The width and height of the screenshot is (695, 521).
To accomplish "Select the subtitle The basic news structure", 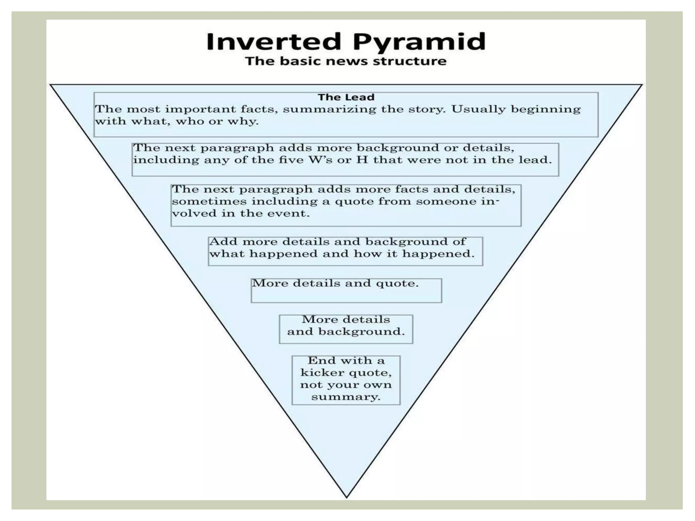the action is [x=346, y=61].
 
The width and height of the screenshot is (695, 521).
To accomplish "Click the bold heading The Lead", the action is [x=346, y=97].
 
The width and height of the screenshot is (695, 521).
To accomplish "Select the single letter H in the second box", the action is [x=362, y=160].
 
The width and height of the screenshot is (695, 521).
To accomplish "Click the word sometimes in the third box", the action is [x=209, y=201].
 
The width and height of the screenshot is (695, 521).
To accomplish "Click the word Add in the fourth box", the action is [x=223, y=242].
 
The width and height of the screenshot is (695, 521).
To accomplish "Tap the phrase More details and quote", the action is [x=335, y=284].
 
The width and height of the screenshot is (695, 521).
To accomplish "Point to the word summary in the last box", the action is [x=345, y=397].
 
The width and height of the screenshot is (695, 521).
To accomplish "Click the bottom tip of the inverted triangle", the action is [x=346, y=497].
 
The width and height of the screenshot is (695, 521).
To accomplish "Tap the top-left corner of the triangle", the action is [x=51, y=85].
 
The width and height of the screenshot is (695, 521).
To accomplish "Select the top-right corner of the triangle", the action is [x=642, y=85].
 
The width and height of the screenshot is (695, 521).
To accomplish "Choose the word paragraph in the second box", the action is [x=237, y=149].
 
